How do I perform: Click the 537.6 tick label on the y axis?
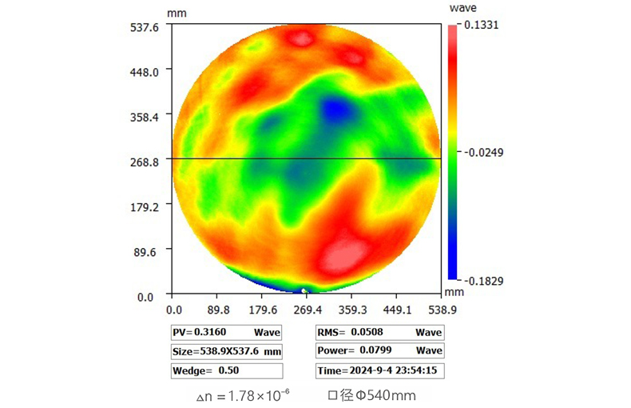pos(146,26)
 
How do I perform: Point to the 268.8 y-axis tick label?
pos(146,162)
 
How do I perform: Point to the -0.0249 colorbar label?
pos(482,151)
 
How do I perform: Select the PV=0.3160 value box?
pos(227,332)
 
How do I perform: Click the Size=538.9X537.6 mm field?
pos(227,351)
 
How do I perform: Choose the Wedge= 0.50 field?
pos(227,370)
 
